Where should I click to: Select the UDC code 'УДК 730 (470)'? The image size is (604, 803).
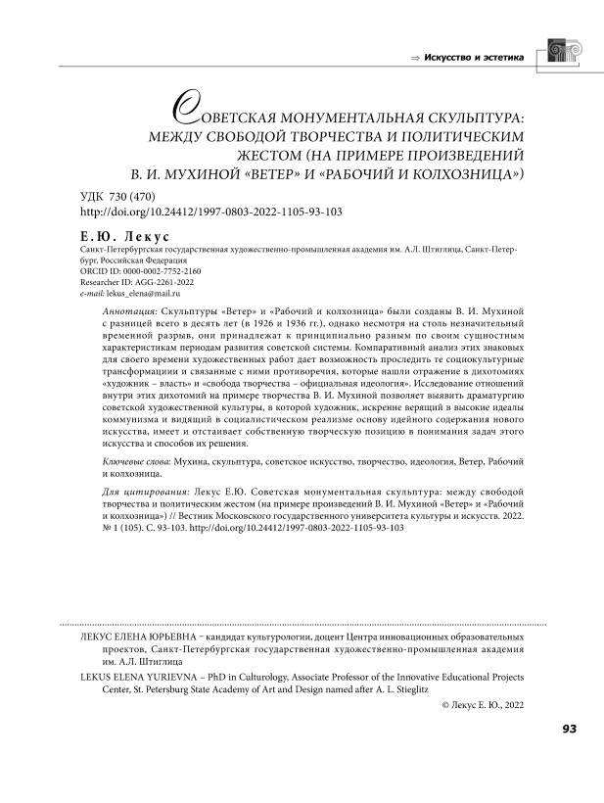116,197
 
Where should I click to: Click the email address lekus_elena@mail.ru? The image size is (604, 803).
146,293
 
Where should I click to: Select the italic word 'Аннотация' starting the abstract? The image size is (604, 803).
132,309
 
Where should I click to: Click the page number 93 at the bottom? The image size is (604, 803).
569,755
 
